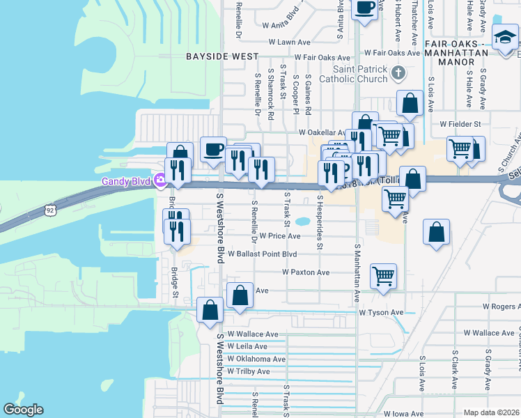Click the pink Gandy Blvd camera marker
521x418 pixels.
[x=160, y=181]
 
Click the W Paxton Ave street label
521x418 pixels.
[x=305, y=272]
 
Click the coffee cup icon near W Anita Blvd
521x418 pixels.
[x=366, y=8]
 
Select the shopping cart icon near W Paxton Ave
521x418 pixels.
[x=384, y=276]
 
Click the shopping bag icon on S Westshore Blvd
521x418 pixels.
[x=210, y=310]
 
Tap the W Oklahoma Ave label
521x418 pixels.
[x=256, y=359]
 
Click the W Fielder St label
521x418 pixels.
[x=460, y=124]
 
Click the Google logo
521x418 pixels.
[x=23, y=410]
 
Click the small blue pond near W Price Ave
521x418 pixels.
[x=303, y=222]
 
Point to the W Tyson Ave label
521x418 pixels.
[x=381, y=313]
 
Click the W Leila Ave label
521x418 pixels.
[x=248, y=346]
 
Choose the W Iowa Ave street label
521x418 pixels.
[x=402, y=414]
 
